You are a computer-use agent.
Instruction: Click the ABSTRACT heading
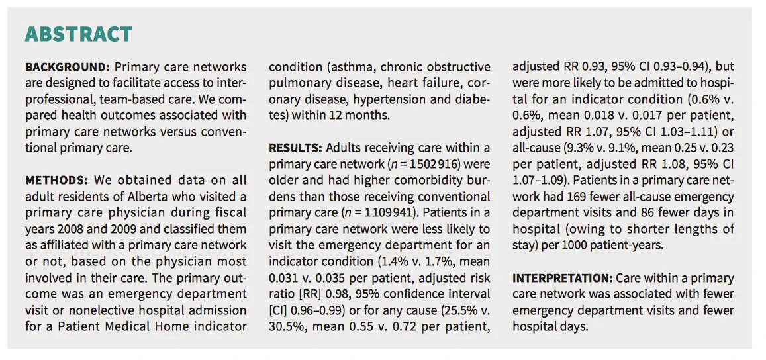tap(79, 34)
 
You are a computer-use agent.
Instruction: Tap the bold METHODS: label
tap(56, 180)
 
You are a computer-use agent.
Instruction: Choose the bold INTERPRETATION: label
tap(562, 279)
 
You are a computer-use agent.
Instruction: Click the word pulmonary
tap(295, 83)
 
